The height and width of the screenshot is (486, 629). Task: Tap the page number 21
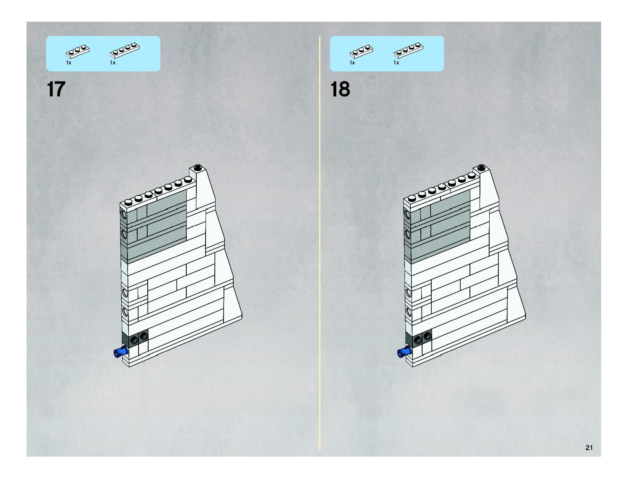click(x=589, y=447)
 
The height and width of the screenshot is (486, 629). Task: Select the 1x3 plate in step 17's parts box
click(x=77, y=52)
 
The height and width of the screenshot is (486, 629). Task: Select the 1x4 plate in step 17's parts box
click(x=125, y=50)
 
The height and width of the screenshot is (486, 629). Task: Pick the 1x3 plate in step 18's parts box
click(x=361, y=52)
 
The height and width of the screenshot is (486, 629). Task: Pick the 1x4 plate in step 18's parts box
click(x=408, y=50)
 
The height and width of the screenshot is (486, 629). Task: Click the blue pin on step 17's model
click(x=120, y=352)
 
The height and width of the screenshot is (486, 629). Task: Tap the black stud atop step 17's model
click(x=197, y=167)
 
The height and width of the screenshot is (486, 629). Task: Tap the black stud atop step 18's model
click(x=481, y=167)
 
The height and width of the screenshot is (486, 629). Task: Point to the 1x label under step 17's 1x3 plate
click(x=69, y=62)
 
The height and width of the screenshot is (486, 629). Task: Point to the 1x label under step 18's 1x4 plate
click(x=396, y=62)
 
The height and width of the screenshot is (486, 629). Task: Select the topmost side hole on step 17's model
click(x=124, y=214)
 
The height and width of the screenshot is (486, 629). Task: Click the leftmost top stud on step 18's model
click(x=412, y=198)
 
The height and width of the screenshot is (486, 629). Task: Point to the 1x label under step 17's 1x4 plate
click(x=113, y=62)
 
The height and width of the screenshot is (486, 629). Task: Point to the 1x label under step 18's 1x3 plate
click(x=352, y=62)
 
